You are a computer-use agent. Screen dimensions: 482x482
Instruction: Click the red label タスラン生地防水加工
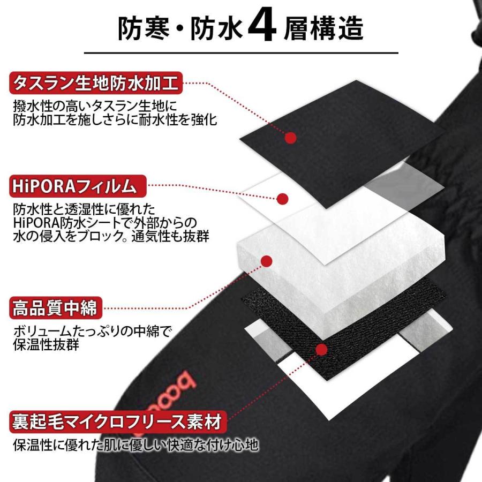[96, 83]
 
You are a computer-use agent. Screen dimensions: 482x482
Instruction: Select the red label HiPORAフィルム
[78, 186]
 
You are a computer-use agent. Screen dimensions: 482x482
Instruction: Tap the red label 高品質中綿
[56, 308]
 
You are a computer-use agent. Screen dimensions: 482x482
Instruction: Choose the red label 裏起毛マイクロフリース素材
[118, 422]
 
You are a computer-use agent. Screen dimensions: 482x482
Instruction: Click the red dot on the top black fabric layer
[290, 138]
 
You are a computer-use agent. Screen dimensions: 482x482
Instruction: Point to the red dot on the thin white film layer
[282, 199]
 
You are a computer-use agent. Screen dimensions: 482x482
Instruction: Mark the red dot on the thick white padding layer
[267, 261]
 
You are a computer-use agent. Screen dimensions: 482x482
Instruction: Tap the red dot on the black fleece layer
[321, 349]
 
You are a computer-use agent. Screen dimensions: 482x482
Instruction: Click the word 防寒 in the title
[144, 28]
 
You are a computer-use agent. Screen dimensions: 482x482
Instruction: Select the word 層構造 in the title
[323, 28]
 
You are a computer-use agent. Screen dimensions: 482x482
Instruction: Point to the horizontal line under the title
[242, 53]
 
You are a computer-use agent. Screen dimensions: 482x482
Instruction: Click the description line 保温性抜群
[46, 344]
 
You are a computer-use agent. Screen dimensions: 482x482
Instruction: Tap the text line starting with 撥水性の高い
[95, 106]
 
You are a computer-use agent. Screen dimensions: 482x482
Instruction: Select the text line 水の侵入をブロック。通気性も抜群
[111, 236]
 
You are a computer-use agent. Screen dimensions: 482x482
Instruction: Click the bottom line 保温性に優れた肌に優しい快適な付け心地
[135, 445]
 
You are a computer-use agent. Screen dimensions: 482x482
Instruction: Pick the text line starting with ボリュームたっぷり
[92, 331]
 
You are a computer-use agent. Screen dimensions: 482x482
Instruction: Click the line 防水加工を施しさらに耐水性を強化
[115, 119]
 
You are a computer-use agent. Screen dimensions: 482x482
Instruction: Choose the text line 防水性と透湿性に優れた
[84, 209]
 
